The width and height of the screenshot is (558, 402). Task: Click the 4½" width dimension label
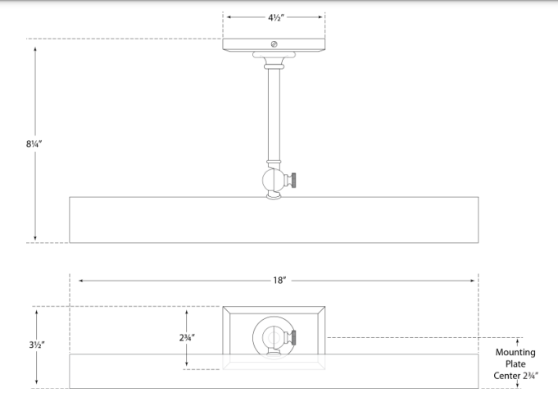tap(275, 17)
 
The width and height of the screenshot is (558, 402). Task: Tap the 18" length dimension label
tap(279, 281)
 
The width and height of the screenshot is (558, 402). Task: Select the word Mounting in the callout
tap(515, 352)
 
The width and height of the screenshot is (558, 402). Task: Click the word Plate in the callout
tap(515, 364)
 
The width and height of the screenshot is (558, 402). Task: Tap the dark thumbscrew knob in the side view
tap(292, 180)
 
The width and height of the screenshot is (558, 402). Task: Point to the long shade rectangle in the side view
tap(274, 219)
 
